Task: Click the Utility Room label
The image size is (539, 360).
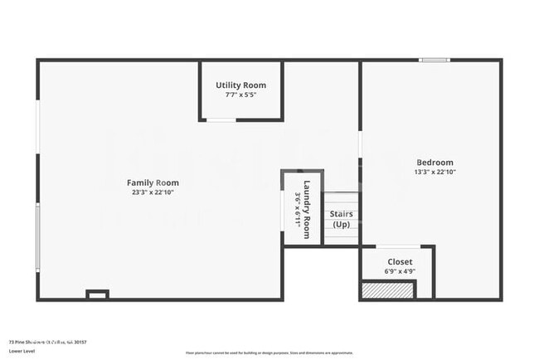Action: (240, 85)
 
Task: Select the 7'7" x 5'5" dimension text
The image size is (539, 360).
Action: (240, 95)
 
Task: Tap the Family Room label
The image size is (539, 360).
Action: (152, 182)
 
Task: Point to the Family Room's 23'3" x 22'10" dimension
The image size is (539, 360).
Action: (152, 192)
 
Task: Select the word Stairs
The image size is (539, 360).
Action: (341, 214)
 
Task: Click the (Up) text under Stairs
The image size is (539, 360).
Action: (341, 225)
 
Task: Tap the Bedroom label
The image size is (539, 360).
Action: (435, 162)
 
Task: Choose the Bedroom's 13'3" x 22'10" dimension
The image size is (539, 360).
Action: (435, 172)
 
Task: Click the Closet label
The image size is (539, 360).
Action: (400, 262)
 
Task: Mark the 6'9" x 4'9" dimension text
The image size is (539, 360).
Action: (400, 271)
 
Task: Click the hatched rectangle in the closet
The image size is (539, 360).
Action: (387, 290)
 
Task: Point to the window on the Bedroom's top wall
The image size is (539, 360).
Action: (433, 60)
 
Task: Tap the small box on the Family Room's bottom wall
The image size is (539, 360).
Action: (98, 294)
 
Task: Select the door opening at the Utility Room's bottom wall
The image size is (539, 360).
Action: (221, 120)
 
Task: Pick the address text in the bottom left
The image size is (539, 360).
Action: (47, 341)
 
